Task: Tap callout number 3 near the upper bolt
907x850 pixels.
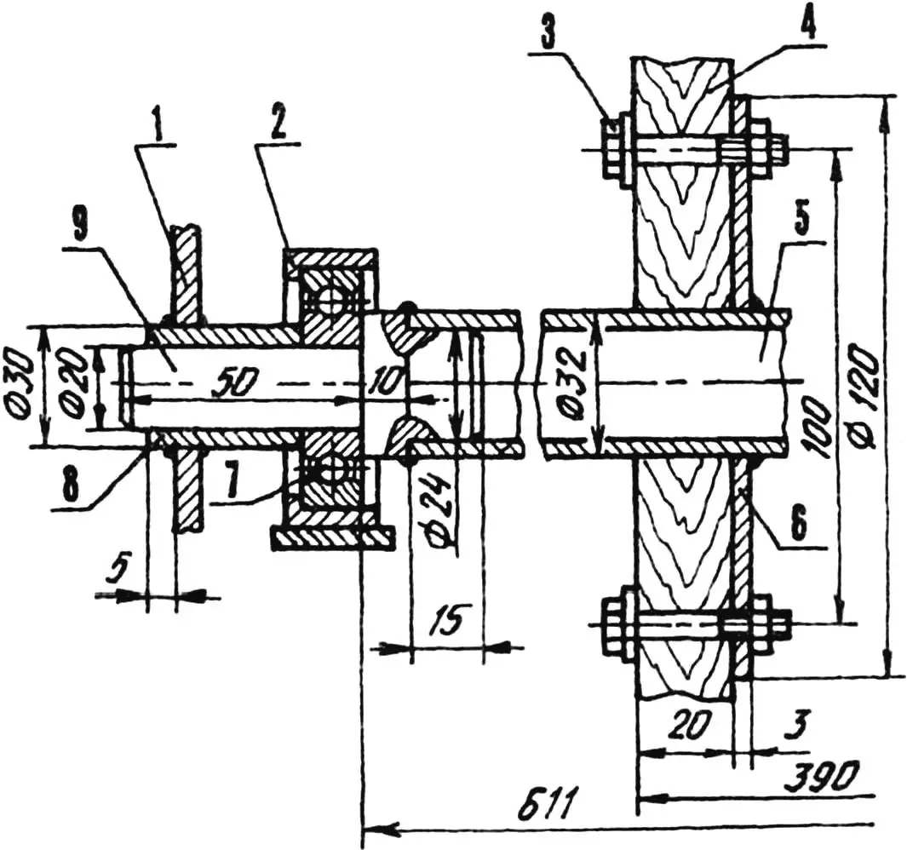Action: click(x=544, y=37)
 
